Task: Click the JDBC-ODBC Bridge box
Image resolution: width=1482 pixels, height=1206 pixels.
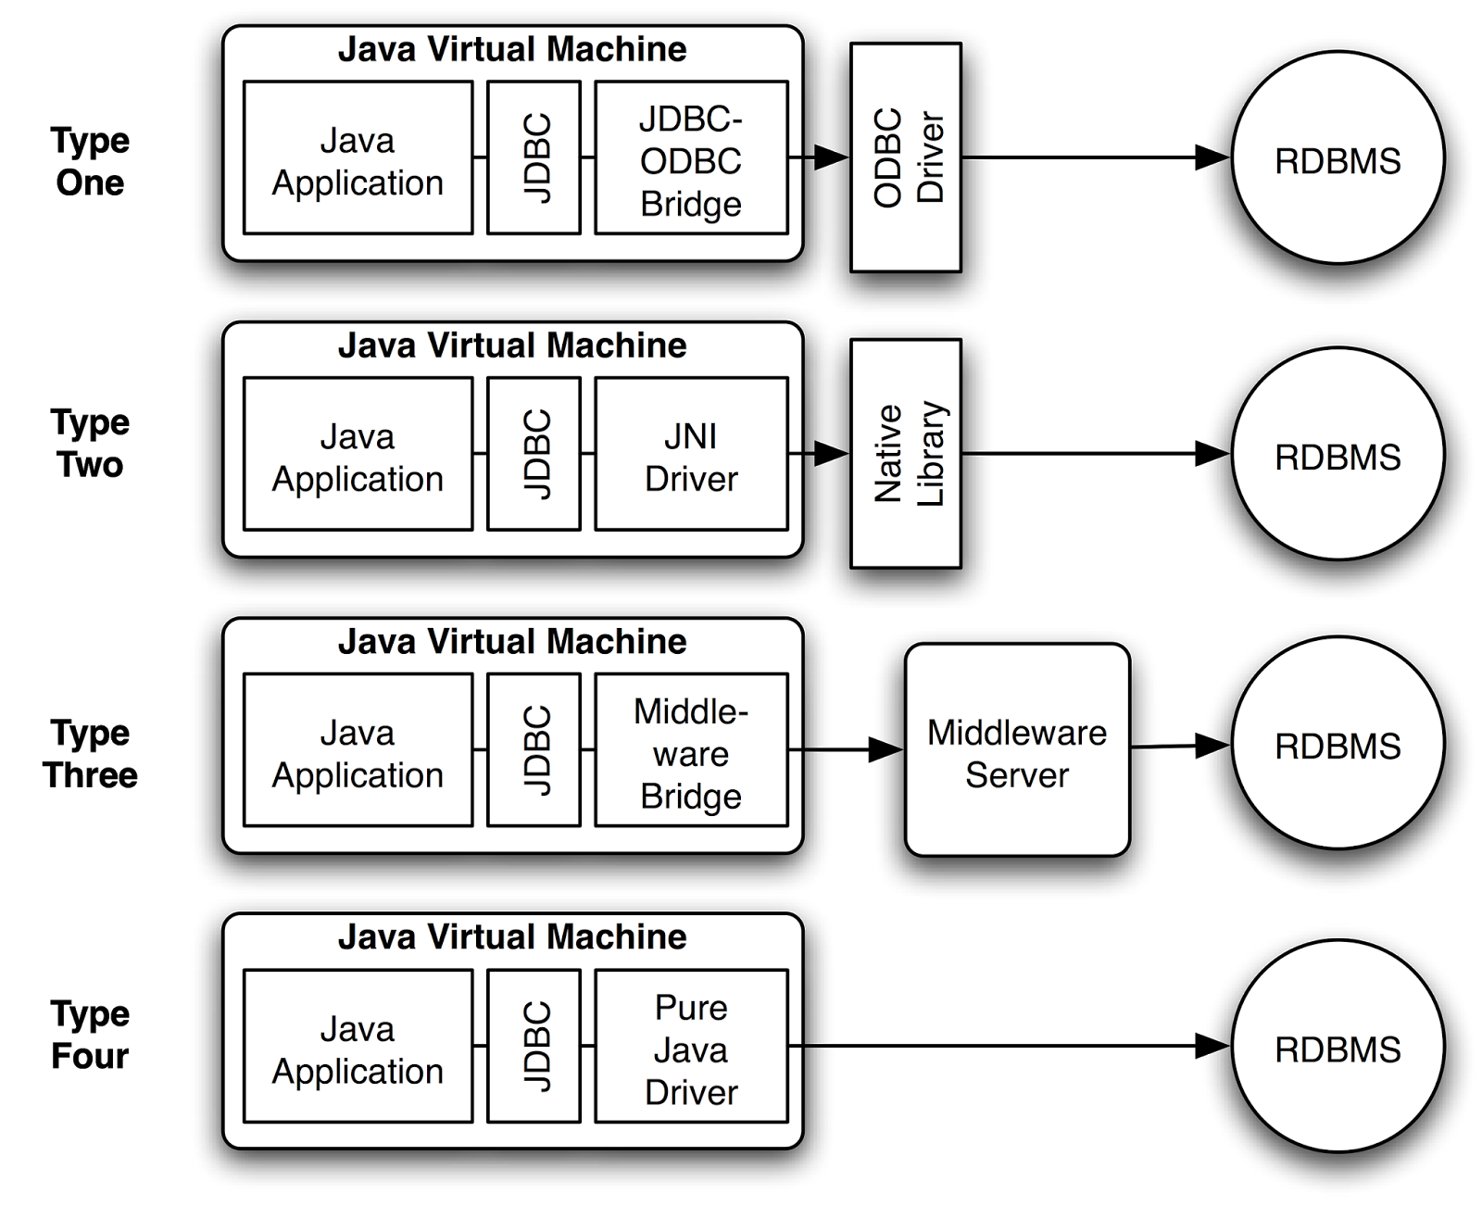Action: tap(691, 157)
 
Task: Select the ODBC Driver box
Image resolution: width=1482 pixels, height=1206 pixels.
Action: tap(905, 157)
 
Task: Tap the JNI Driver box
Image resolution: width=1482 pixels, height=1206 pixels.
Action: tap(691, 454)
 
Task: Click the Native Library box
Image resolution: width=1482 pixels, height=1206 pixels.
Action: tap(905, 454)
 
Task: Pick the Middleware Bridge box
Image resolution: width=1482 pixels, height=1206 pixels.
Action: tap(691, 750)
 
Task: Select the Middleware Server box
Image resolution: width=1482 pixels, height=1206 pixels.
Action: tap(1017, 750)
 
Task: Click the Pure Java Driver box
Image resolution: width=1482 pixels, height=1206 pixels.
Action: tap(691, 1046)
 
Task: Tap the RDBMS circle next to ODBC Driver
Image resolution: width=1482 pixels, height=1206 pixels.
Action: tap(1338, 158)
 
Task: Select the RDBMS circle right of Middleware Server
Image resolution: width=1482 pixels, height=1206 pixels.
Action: tap(1338, 743)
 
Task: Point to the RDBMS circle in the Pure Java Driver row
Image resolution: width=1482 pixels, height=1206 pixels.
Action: tap(1338, 1047)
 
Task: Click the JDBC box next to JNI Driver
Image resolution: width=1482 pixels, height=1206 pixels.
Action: tap(534, 454)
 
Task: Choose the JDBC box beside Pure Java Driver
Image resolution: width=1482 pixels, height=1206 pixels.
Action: tap(534, 1046)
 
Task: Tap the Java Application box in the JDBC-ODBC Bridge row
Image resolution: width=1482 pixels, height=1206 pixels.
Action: tap(358, 157)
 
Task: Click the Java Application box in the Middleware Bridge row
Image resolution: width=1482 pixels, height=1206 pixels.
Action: tap(358, 750)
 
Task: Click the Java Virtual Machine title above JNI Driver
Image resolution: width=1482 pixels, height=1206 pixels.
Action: tap(512, 345)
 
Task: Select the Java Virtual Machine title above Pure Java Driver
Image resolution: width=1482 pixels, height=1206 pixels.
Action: tap(512, 937)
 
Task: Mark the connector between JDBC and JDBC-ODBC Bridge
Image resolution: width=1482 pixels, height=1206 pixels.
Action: tap(588, 157)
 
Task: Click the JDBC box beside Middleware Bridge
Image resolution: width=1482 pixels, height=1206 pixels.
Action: tap(534, 750)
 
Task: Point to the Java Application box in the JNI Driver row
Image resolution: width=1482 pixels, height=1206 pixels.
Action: tap(358, 454)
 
